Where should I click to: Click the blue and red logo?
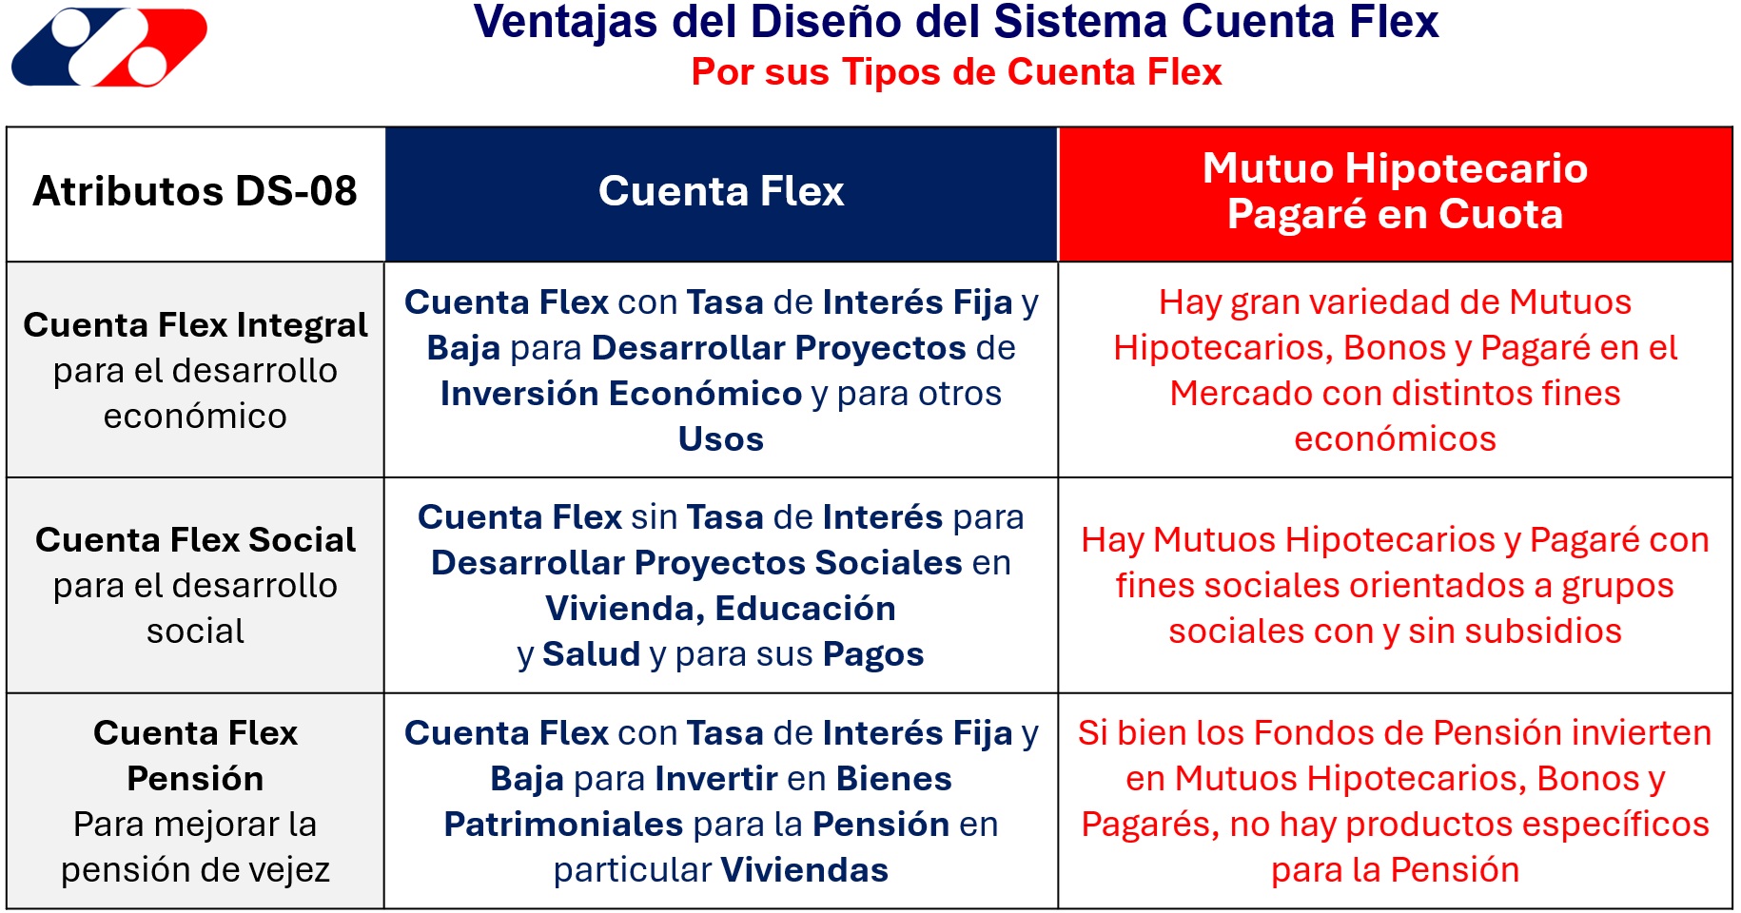[109, 47]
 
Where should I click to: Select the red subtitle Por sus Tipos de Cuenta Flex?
[956, 72]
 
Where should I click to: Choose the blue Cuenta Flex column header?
[721, 192]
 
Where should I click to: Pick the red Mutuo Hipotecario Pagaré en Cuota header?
[1396, 192]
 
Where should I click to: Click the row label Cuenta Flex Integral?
[195, 325]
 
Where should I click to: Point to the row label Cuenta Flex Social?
[195, 540]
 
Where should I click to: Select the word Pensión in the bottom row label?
[195, 779]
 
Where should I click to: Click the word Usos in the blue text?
[721, 439]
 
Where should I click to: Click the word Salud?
[592, 654]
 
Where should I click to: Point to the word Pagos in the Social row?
[873, 655]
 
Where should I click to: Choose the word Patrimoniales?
[563, 825]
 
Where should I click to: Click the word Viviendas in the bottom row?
[805, 870]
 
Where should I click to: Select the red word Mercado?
[1231, 394]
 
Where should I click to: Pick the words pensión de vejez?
[195, 870]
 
